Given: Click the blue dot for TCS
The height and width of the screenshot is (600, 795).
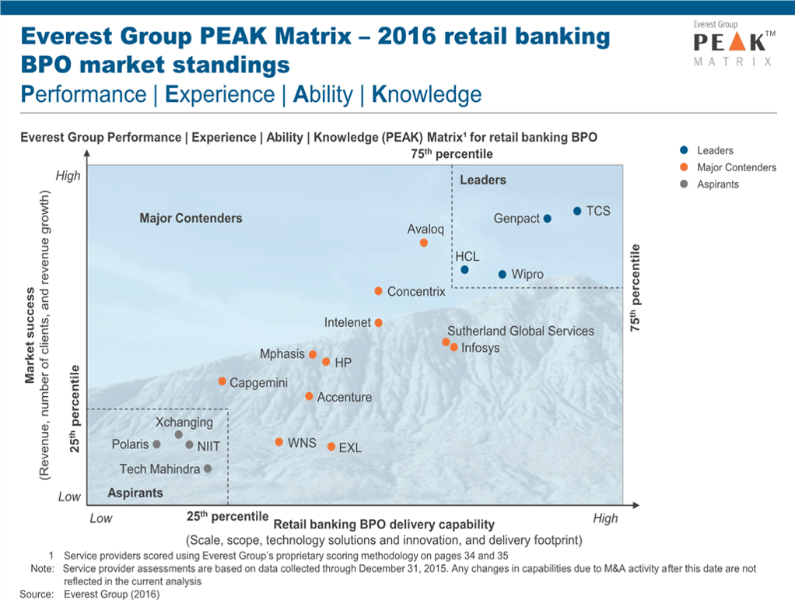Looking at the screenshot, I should (x=577, y=211).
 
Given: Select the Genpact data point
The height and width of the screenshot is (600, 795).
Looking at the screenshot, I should (x=548, y=219).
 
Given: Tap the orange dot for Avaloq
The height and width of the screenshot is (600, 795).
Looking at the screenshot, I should (x=424, y=243).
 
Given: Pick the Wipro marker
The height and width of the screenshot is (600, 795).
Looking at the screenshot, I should (x=503, y=274).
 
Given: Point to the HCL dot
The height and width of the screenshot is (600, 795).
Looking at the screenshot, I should (x=464, y=270).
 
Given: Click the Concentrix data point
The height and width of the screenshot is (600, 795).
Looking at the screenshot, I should (x=378, y=291).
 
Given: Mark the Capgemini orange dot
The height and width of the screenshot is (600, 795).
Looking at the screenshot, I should (x=222, y=381).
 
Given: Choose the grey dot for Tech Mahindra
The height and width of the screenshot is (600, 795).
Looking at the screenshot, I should (x=208, y=468).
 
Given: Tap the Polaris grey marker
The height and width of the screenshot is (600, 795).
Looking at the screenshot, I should (x=156, y=444).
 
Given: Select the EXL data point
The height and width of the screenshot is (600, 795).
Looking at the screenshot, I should (x=331, y=447).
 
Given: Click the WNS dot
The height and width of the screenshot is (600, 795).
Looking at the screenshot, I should (x=278, y=442).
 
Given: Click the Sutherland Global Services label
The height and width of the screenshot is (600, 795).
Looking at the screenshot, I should (x=520, y=331).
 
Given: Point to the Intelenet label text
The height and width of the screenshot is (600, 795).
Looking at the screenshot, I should (x=348, y=322).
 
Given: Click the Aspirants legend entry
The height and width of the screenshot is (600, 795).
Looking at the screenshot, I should (x=717, y=184).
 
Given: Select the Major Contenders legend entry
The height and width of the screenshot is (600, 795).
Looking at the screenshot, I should (x=736, y=167).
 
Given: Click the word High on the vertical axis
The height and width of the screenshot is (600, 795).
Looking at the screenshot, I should (x=68, y=176).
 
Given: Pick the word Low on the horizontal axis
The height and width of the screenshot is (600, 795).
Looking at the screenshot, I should (x=101, y=518).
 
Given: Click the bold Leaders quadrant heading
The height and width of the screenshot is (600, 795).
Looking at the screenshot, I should (x=483, y=181).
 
